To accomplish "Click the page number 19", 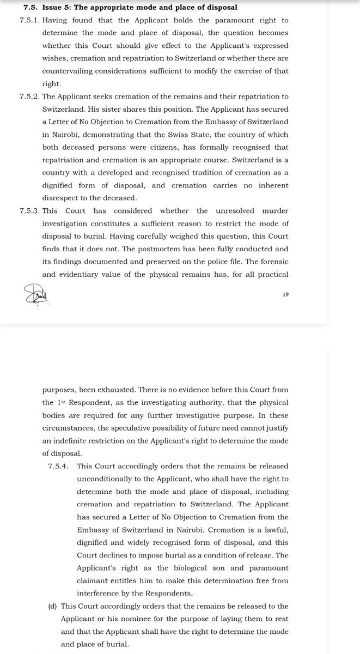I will (285, 294).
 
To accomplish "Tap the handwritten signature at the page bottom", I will (36, 296).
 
